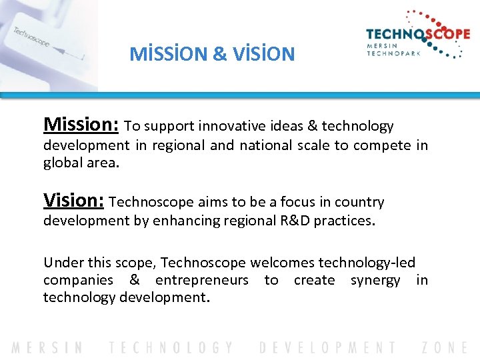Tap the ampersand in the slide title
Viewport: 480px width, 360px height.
click(x=219, y=54)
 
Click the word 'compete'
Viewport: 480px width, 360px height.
click(x=381, y=145)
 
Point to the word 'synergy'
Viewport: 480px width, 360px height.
click(x=375, y=280)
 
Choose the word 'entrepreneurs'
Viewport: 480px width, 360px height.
click(x=201, y=280)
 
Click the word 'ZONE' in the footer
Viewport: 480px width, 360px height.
click(x=445, y=347)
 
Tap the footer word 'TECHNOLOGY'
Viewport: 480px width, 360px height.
click(x=172, y=347)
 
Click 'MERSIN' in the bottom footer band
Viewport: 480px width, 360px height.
click(x=47, y=347)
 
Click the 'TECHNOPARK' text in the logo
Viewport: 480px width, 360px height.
click(x=394, y=53)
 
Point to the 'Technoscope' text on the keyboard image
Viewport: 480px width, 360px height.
click(x=31, y=37)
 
